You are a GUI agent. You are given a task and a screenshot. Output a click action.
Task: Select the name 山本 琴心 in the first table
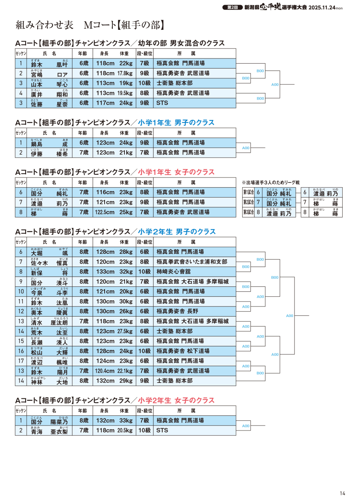tap(49, 83)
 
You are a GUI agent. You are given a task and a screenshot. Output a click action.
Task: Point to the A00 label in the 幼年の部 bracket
tap(275, 84)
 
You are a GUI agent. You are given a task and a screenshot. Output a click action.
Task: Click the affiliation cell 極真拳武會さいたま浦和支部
tap(191, 262)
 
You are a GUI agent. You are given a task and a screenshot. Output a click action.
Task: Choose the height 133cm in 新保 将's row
tap(105, 272)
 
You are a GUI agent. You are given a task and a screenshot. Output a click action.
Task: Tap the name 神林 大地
tap(49, 381)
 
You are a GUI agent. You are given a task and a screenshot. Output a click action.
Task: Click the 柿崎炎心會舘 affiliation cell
tap(173, 272)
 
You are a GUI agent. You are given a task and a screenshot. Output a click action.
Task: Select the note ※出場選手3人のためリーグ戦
tap(270, 183)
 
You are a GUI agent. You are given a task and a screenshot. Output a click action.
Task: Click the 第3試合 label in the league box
tap(248, 212)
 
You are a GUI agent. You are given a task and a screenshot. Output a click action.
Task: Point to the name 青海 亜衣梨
tap(49, 431)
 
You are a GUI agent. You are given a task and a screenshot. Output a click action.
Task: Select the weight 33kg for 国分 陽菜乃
tap(126, 420)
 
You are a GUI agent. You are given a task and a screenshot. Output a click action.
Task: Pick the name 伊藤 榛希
tap(49, 153)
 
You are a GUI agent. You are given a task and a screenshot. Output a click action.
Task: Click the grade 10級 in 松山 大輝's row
tap(144, 351)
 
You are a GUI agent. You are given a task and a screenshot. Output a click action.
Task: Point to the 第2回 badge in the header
tap(232, 7)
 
